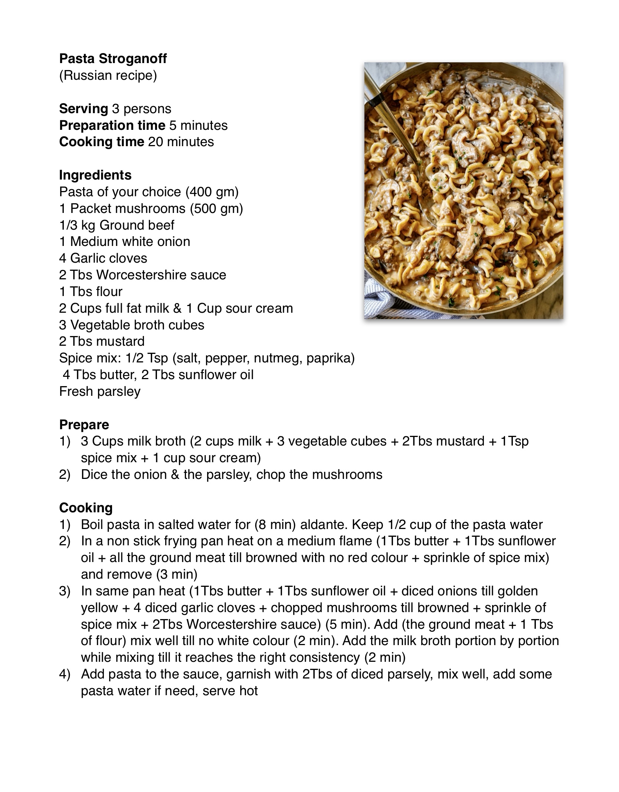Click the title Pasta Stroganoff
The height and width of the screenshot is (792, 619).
[113, 59]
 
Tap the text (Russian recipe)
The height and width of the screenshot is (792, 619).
[108, 75]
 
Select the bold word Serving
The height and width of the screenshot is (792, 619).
[83, 109]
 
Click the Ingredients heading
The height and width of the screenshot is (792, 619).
[95, 175]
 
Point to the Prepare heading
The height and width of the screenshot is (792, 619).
[84, 425]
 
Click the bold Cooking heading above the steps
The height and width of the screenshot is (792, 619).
[86, 508]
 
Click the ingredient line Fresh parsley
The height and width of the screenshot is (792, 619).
[100, 391]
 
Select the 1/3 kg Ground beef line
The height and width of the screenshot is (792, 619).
[117, 225]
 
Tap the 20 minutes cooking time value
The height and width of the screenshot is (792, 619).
[181, 142]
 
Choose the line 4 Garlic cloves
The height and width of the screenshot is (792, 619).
[103, 258]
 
